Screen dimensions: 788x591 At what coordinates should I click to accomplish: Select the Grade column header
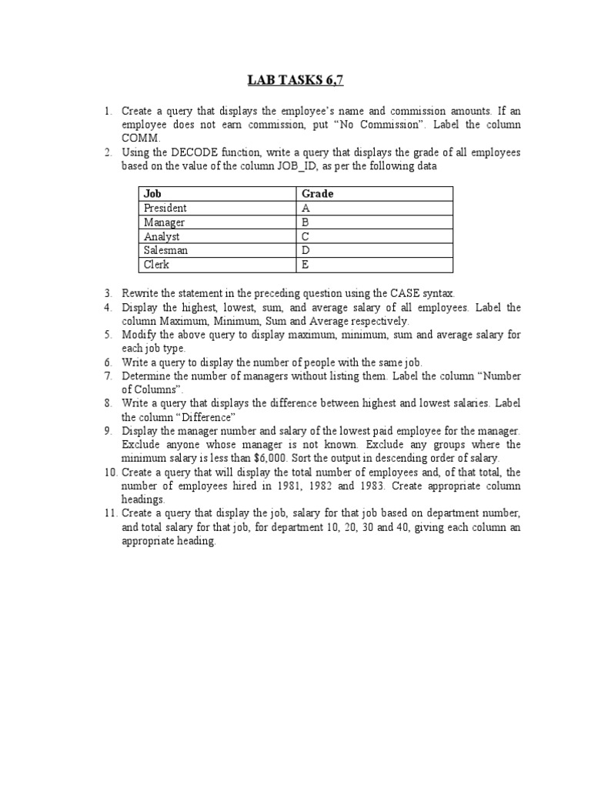(317, 194)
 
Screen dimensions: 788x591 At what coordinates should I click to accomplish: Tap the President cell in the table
(165, 208)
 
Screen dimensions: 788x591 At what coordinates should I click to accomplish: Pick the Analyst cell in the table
(162, 237)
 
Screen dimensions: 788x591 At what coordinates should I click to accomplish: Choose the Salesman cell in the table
(165, 251)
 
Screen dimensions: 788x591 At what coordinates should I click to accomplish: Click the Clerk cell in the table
(156, 265)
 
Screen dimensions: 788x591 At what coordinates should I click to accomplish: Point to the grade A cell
(306, 208)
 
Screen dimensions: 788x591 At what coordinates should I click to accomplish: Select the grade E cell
(306, 265)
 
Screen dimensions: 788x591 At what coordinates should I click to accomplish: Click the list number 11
(110, 513)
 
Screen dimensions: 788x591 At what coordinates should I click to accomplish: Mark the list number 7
(110, 376)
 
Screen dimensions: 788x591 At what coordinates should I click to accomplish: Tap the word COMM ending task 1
(139, 139)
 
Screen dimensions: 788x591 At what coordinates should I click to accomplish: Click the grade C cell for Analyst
(306, 237)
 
